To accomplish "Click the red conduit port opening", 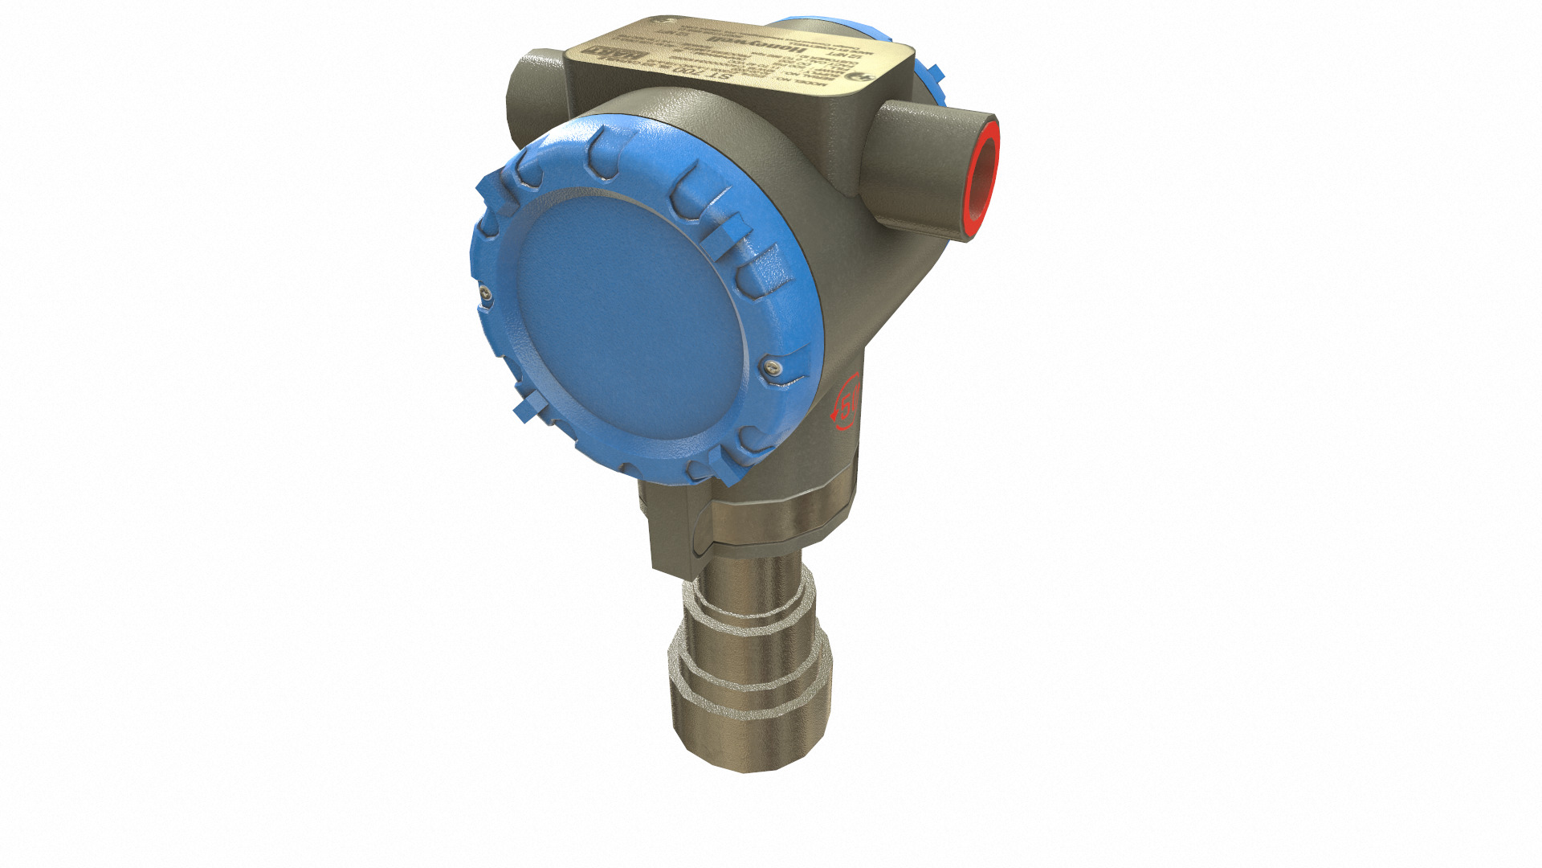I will tap(981, 178).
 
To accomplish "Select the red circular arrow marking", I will tap(847, 401).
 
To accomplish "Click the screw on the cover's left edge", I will tap(485, 295).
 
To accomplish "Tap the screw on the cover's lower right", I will tap(770, 366).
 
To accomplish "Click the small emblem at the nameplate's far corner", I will tap(663, 20).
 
